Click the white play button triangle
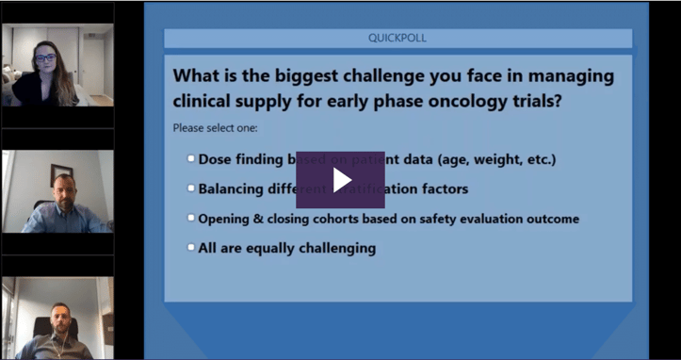tap(341, 179)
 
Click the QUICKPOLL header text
tap(397, 39)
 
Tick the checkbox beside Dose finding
tap(191, 158)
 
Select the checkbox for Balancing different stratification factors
tap(191, 188)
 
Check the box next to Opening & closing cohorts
tap(191, 218)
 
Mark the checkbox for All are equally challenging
tap(191, 248)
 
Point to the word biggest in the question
tap(293, 75)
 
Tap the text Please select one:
tap(215, 127)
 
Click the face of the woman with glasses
tap(45, 57)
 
